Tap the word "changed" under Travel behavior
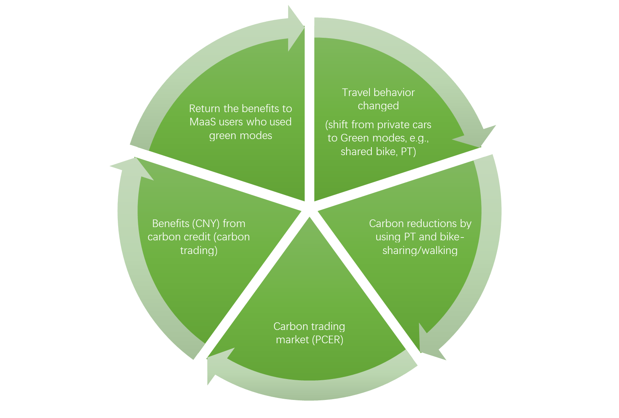point(378,106)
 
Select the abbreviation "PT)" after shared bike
point(408,152)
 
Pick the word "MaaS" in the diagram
point(203,122)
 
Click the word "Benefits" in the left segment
point(170,223)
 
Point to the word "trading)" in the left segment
point(199,250)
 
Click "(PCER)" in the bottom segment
point(327,340)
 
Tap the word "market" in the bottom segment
point(292,340)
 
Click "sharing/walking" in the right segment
point(420,250)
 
